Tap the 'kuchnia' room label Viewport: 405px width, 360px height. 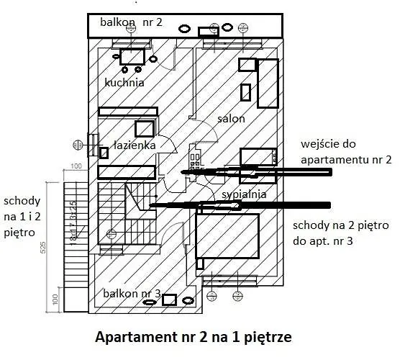124,83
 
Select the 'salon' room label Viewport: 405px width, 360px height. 231,118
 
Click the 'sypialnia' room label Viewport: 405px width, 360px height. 244,194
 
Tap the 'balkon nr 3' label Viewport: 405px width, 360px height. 131,294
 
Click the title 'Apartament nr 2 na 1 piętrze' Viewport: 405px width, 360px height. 194,336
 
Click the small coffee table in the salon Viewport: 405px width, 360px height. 246,92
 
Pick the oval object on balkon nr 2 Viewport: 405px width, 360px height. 185,28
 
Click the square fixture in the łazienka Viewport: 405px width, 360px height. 145,129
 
